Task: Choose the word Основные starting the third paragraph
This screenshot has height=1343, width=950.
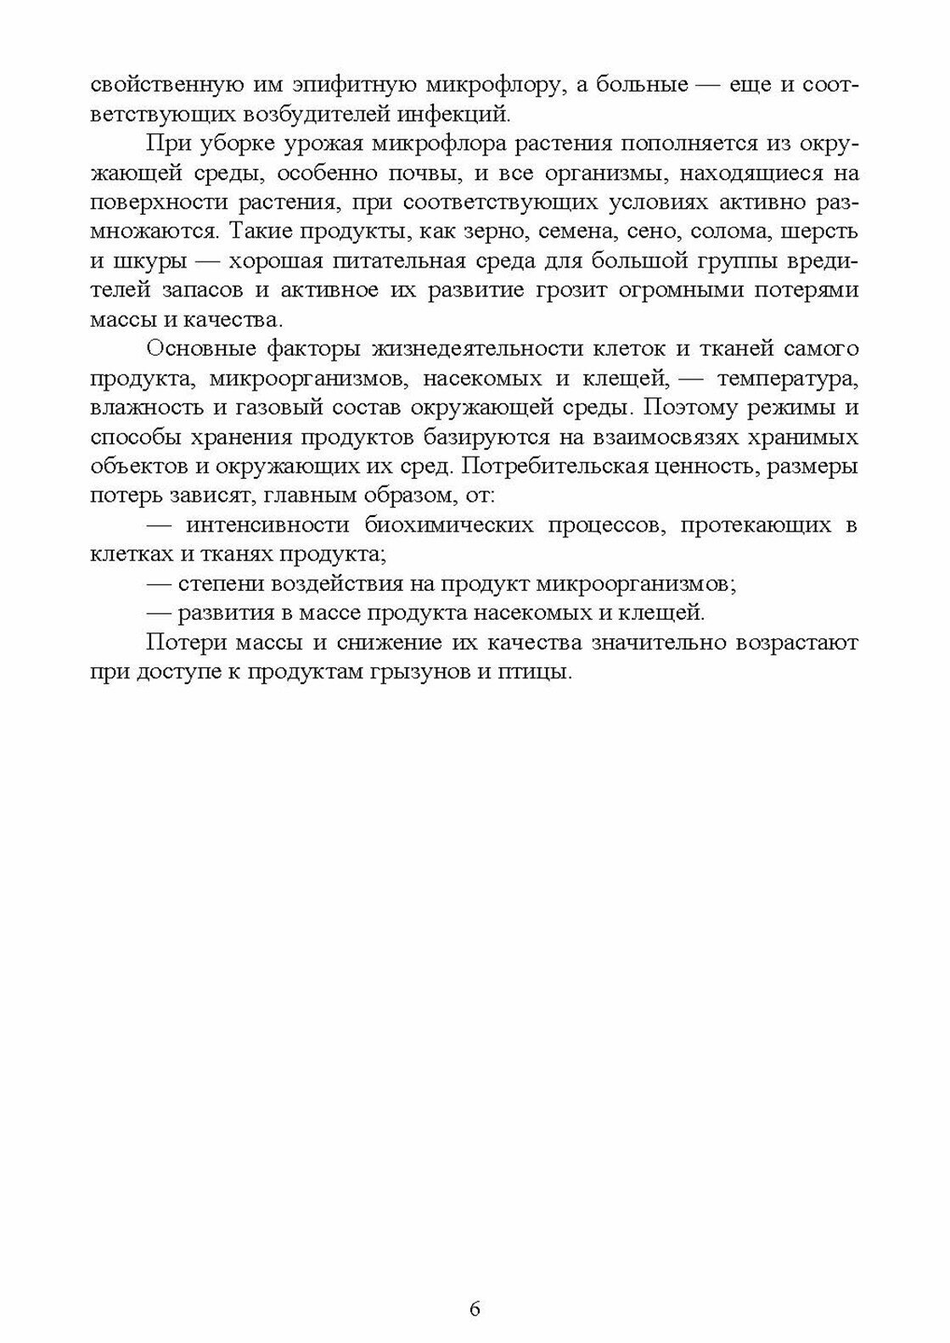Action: [197, 349]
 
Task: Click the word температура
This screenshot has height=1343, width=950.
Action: [789, 378]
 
